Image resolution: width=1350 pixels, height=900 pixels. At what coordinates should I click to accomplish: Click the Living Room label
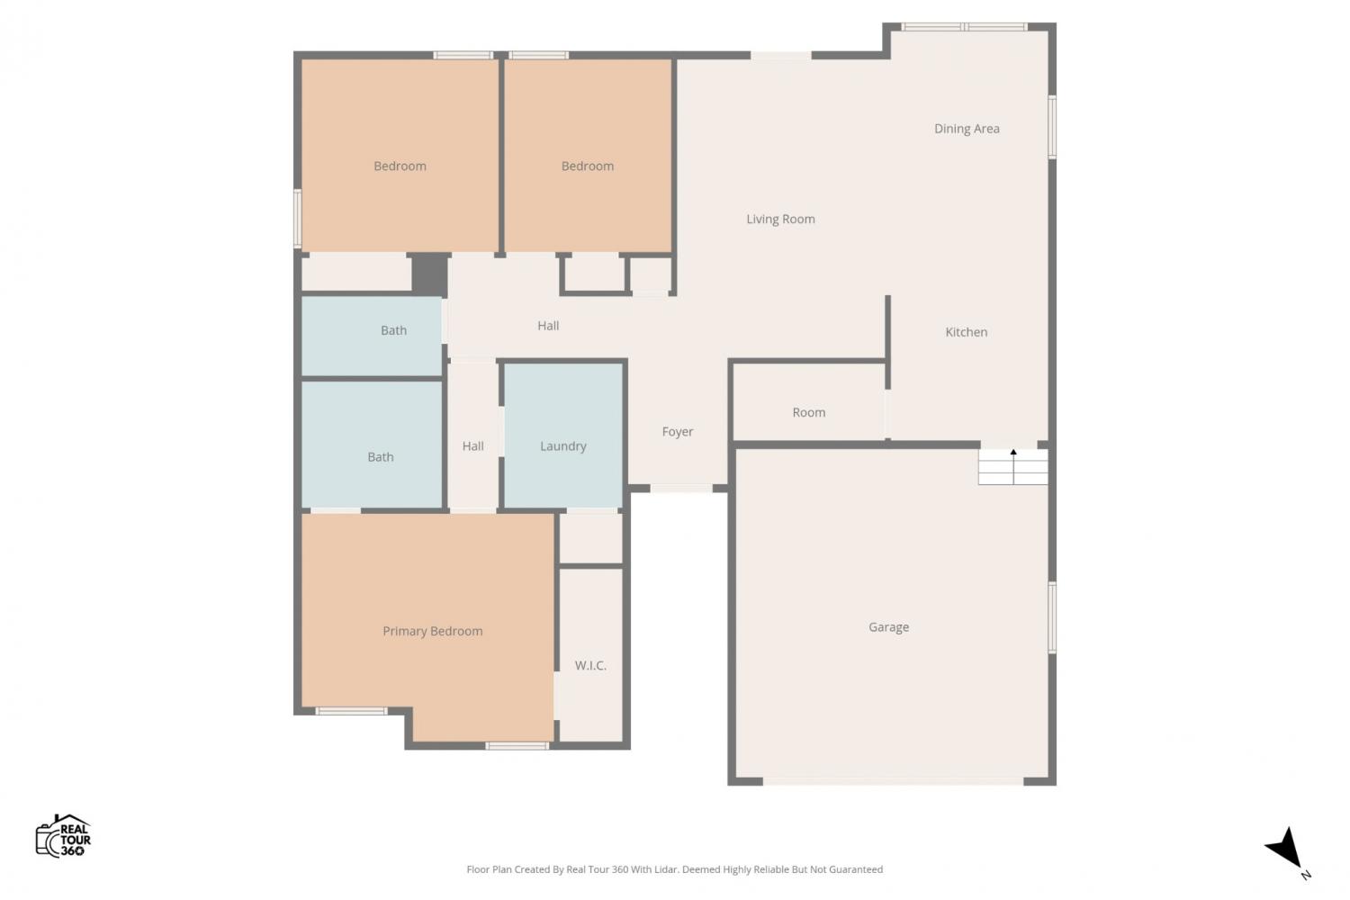[x=780, y=220]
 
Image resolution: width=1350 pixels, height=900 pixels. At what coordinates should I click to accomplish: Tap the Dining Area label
[x=967, y=129]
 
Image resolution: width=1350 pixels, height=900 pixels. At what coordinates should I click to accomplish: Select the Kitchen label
[x=966, y=332]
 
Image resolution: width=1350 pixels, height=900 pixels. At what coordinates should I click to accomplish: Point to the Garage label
[x=888, y=627]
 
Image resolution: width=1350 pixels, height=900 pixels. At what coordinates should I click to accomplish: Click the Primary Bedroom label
[x=433, y=631]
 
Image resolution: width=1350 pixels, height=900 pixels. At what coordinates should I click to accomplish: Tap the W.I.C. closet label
[x=590, y=665]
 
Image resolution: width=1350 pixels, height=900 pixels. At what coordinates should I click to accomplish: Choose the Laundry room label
[x=562, y=446]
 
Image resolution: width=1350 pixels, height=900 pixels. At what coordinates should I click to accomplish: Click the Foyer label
[x=678, y=432]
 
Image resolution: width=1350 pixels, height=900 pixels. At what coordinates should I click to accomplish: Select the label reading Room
[x=809, y=413]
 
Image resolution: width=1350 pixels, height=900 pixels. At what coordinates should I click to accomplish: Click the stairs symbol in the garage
[x=1013, y=467]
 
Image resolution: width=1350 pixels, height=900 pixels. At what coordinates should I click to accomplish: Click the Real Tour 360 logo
[x=63, y=835]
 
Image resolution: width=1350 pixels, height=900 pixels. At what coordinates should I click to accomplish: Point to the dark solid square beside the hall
[x=429, y=274]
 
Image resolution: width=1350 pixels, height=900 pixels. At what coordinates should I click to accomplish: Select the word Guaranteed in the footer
[x=856, y=869]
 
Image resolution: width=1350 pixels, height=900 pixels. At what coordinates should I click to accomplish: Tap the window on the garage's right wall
[x=1052, y=617]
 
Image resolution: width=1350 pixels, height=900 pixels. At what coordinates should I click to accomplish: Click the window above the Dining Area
[x=964, y=26]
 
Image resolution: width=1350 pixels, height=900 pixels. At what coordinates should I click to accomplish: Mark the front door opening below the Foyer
[x=681, y=489]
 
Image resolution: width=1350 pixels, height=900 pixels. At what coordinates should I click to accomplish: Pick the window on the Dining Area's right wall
[x=1052, y=127]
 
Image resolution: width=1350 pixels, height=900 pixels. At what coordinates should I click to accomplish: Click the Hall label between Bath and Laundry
[x=473, y=446]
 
